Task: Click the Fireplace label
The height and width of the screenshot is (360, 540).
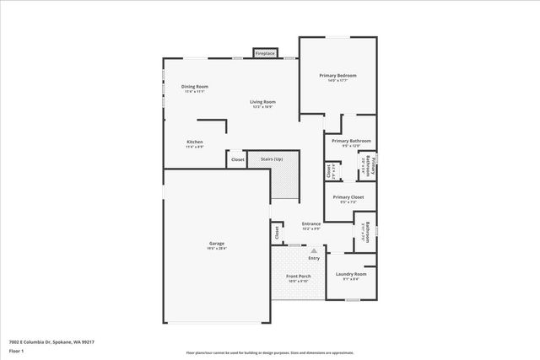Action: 265,53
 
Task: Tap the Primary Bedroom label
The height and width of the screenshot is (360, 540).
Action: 337,76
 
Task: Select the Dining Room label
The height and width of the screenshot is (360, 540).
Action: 195,87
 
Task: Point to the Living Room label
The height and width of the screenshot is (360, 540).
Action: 262,103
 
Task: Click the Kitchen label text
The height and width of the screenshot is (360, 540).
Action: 195,142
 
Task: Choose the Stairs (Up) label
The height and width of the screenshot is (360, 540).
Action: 271,159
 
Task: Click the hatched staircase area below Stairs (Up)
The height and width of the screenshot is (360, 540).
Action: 284,182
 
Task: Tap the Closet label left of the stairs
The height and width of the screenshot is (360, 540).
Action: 237,159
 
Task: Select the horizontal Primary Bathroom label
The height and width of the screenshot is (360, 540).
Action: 351,142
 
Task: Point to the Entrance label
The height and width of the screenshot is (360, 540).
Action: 311,224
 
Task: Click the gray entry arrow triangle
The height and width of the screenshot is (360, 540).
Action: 314,250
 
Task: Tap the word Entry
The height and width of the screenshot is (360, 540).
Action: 314,258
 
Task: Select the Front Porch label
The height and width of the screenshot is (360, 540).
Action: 299,277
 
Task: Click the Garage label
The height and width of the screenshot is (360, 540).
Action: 217,244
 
